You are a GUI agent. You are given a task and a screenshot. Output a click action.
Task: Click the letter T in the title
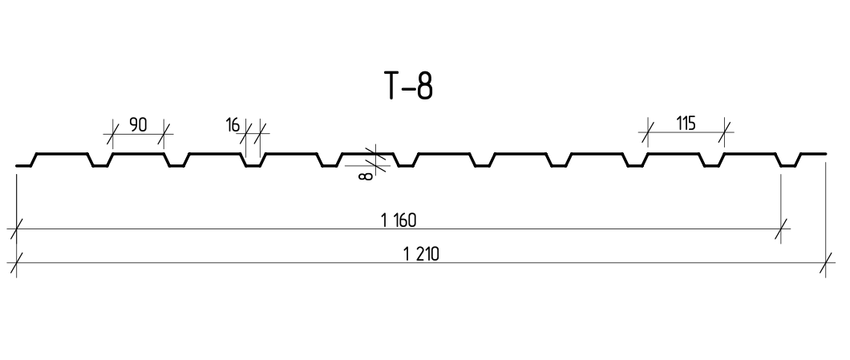tap(393, 86)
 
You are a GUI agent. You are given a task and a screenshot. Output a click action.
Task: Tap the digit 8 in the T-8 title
tap(425, 86)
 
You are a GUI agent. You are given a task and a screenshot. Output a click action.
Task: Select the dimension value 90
tap(138, 125)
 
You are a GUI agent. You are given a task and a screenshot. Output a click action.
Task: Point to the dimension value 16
tap(232, 125)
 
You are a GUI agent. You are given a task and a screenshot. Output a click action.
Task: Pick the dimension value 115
tap(686, 123)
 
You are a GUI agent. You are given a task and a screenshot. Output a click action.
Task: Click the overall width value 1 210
tap(421, 253)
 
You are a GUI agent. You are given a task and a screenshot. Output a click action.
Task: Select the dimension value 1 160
tap(399, 220)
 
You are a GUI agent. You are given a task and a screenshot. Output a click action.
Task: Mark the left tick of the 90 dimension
tap(113, 133)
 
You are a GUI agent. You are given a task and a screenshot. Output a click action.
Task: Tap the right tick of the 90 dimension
tap(164, 133)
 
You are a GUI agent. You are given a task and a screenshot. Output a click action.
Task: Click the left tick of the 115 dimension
tap(648, 131)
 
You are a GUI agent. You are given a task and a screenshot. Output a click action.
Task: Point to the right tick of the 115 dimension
tap(724, 131)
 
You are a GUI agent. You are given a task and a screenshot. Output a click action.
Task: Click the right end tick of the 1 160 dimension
tap(780, 229)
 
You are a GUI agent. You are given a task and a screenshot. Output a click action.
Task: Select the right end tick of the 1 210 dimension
tap(826, 263)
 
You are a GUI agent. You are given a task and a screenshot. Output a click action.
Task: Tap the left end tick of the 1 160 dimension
tap(17, 229)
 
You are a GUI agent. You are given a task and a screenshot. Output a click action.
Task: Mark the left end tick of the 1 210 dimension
tap(17, 263)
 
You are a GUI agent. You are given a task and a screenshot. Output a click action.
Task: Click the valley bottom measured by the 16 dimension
tap(253, 166)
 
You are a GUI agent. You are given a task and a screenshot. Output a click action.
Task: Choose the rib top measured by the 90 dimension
tap(138, 154)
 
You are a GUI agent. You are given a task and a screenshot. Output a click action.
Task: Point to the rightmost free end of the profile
tap(826, 154)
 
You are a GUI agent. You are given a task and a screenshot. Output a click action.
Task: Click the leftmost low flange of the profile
tap(23, 165)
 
